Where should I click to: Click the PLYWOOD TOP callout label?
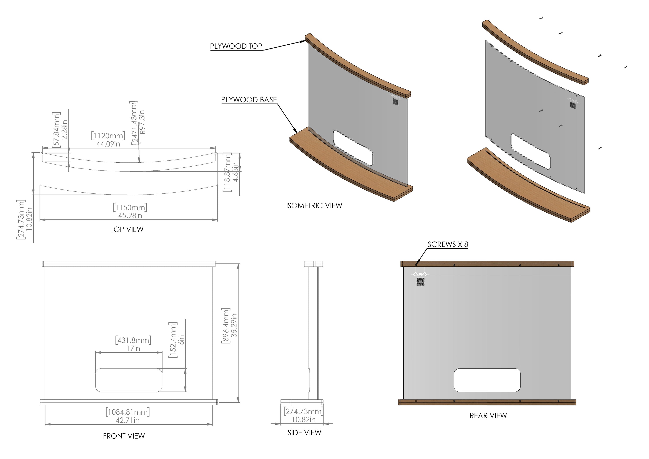tap(236, 46)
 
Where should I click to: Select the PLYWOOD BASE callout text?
tap(249, 100)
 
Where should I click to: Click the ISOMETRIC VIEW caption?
tap(314, 205)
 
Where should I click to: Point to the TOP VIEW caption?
tap(127, 229)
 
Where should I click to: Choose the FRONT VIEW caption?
tap(124, 436)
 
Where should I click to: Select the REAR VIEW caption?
tap(488, 416)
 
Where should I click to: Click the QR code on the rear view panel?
tap(420, 282)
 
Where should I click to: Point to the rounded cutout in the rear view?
tap(487, 380)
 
